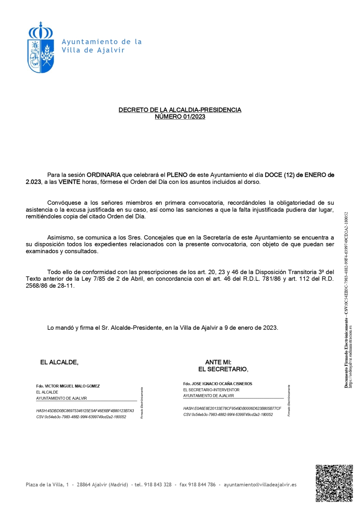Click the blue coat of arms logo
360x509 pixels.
(40, 48)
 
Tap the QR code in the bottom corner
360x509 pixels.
(334, 483)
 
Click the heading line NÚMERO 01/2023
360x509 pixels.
(180, 117)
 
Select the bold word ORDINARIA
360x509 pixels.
(103, 175)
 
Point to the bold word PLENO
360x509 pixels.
(177, 175)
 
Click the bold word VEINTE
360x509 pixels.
(69, 182)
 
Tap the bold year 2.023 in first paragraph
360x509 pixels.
(33, 182)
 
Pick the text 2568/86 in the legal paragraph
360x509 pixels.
(36, 286)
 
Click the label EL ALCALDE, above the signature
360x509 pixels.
(59, 362)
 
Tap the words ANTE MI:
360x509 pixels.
(218, 362)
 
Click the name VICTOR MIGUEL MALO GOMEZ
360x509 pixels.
(72, 386)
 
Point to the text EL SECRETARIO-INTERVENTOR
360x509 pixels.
(211, 390)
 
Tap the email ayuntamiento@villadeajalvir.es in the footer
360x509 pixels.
(260, 484)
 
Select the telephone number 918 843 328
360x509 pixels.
(158, 484)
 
